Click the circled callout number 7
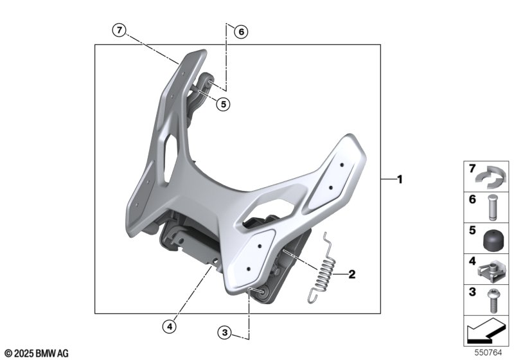click(119, 30)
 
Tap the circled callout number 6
click(242, 32)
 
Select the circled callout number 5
click(223, 104)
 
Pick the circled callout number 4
click(170, 326)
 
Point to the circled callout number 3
click(224, 333)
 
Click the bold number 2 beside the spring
click(351, 274)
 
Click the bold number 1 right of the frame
click(400, 179)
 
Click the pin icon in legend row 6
click(490, 208)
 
